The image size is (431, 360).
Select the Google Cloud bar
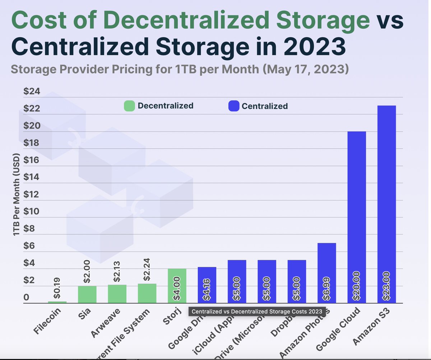point(357,217)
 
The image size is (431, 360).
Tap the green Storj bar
point(177,286)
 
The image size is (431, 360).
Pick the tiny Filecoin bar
point(57,302)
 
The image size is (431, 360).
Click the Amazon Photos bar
point(326,273)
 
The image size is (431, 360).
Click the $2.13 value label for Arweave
point(117,272)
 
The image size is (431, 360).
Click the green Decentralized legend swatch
point(129,106)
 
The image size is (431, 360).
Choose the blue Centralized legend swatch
point(233,106)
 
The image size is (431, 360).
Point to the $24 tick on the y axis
point(32,92)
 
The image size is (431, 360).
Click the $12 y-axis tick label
point(32,195)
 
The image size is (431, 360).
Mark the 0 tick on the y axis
point(26,298)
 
